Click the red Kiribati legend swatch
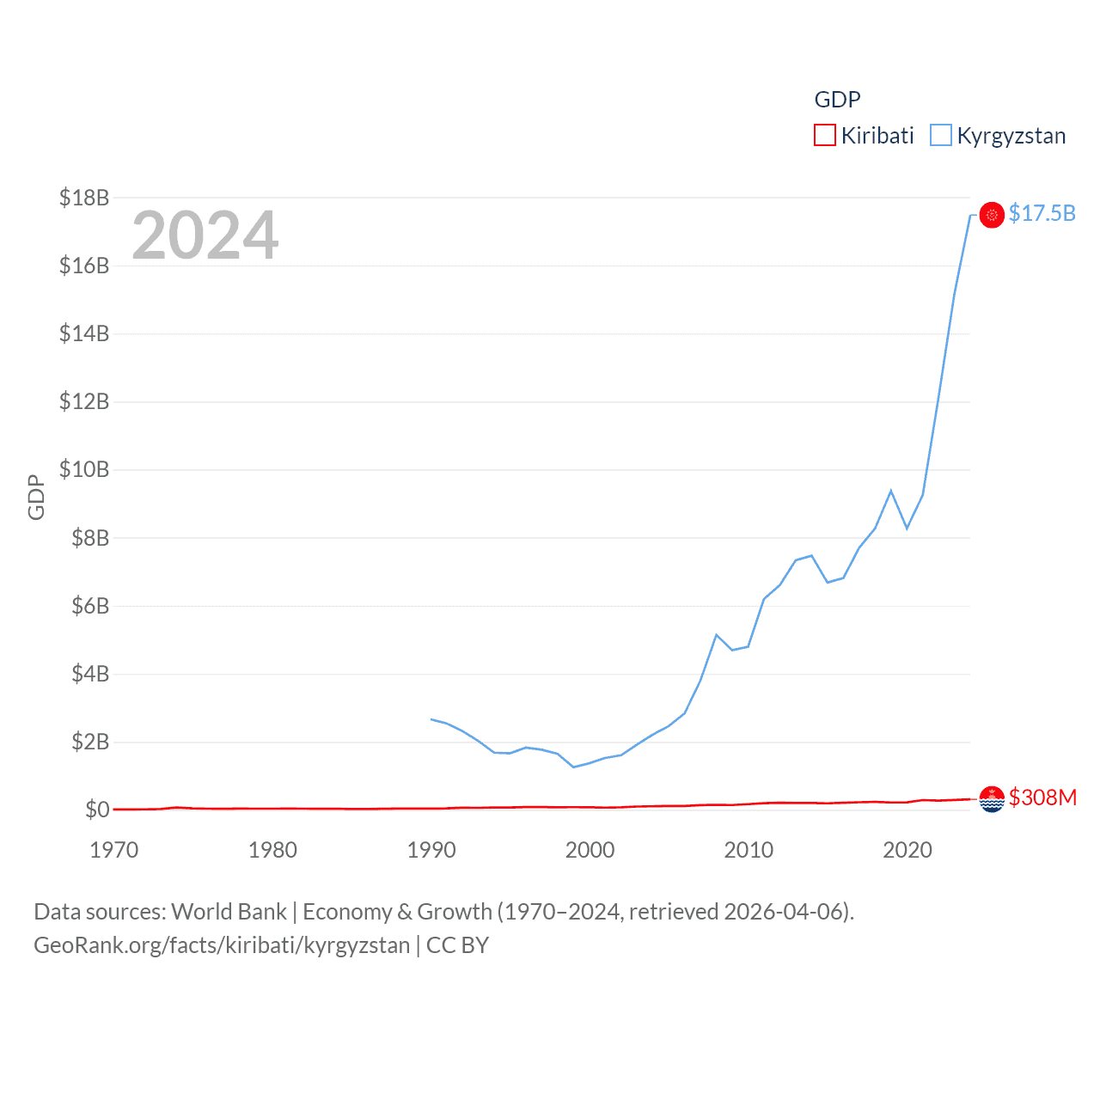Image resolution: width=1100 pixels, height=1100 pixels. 824,136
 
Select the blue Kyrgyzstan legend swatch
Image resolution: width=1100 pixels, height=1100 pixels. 941,136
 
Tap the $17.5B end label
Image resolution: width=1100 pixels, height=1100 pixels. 1042,213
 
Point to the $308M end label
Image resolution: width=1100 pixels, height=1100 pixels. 1042,797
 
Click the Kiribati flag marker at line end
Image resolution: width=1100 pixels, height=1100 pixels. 992,799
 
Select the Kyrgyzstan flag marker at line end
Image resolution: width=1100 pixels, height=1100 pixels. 992,215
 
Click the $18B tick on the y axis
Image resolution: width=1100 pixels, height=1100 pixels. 84,198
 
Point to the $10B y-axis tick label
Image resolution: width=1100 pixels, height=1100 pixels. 84,469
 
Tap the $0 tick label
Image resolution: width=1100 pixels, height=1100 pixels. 97,810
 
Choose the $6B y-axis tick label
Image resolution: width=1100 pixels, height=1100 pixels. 90,606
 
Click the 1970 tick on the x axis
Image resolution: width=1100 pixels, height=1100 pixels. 114,850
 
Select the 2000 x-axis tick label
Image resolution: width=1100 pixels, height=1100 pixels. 590,850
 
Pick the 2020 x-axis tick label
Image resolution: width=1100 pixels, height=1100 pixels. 907,850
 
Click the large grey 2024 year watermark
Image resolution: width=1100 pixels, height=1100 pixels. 205,235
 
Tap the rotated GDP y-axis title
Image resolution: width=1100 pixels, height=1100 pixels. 36,497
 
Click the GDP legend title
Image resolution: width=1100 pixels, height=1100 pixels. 837,100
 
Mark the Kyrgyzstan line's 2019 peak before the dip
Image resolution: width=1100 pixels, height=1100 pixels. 891,491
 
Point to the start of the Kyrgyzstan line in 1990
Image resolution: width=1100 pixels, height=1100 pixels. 431,719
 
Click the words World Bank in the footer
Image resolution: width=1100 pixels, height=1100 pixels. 229,911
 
